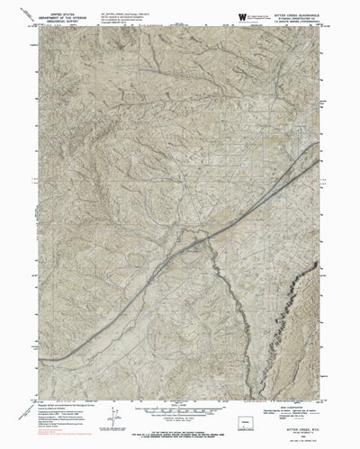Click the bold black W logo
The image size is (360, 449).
point(242,16)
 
